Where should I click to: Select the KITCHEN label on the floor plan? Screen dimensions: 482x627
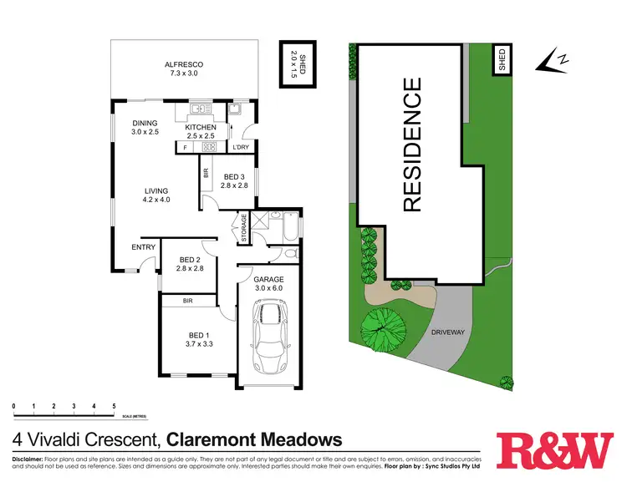[x=201, y=127]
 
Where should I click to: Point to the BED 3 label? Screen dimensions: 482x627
[x=235, y=176]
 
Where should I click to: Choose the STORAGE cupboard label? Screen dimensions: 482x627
[x=244, y=227]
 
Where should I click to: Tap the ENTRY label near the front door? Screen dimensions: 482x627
[x=143, y=247]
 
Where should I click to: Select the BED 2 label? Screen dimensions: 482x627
[x=187, y=260]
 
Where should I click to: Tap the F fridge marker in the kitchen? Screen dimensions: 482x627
[x=184, y=148]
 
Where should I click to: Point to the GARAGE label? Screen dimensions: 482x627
[x=269, y=279]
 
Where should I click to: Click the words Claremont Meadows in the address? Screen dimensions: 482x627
[x=255, y=439]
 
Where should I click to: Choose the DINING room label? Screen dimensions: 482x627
[x=145, y=123]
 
